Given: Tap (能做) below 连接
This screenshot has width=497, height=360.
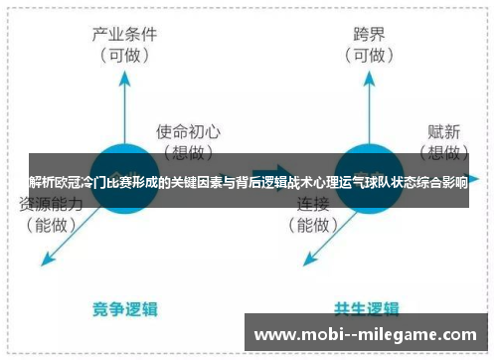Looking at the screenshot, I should pyautogui.click(x=314, y=225).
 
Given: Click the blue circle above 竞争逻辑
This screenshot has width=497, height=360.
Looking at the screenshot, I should pyautogui.click(x=125, y=179).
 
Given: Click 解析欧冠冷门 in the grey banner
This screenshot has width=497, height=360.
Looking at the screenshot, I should pyautogui.click(x=69, y=182).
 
